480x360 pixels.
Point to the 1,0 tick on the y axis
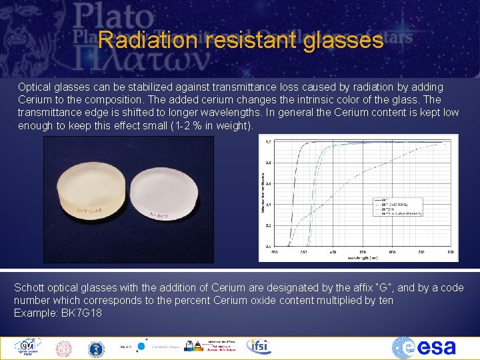(268, 142)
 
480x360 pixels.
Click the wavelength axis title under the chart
(365, 257)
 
